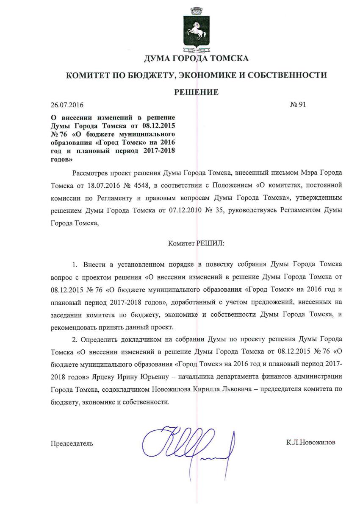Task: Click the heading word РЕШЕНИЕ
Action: click(x=197, y=92)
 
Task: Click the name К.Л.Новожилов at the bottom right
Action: click(x=311, y=443)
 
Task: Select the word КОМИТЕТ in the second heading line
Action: click(x=86, y=75)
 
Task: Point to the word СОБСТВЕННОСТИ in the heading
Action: click(x=291, y=75)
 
